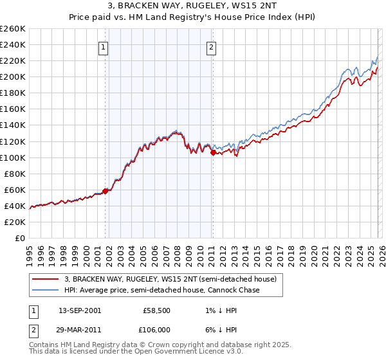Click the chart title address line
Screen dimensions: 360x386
click(x=193, y=6)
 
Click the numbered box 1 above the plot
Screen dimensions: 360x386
click(x=103, y=46)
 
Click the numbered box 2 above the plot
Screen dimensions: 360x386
click(x=211, y=46)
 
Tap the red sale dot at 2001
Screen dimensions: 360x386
click(x=105, y=190)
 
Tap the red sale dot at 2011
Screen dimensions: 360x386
click(x=213, y=152)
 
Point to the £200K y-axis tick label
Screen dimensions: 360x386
click(x=13, y=76)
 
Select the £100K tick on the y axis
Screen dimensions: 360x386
click(x=13, y=157)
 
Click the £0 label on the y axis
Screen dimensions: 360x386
click(x=19, y=238)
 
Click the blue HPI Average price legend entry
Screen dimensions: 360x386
click(x=161, y=291)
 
